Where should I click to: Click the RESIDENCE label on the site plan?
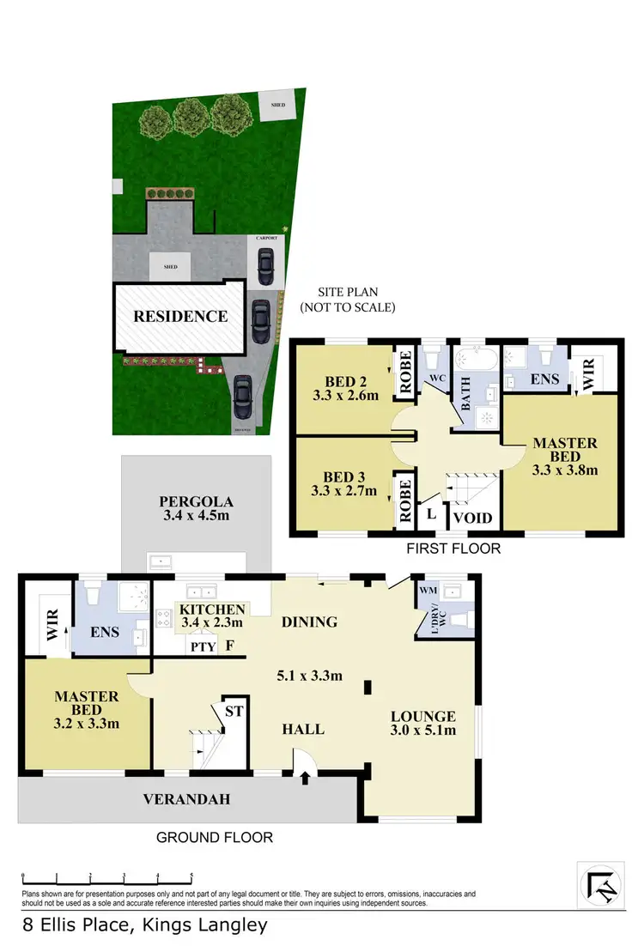click(x=180, y=316)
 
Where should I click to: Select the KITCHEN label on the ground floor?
click(x=206, y=609)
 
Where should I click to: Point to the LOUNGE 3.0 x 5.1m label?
click(x=422, y=724)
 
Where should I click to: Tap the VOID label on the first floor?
click(x=471, y=518)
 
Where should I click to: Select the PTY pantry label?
click(x=204, y=646)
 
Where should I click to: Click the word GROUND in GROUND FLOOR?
click(x=185, y=837)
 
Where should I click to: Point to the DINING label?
click(x=309, y=622)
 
